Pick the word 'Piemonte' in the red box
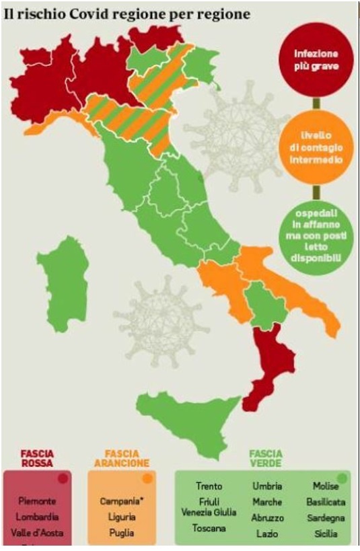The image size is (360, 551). click(38, 501)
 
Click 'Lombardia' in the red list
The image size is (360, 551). click(38, 517)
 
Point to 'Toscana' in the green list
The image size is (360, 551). click(209, 528)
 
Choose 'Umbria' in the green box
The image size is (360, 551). click(267, 486)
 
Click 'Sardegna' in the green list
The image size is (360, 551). click(325, 518)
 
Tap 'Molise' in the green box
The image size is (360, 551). click(325, 486)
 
